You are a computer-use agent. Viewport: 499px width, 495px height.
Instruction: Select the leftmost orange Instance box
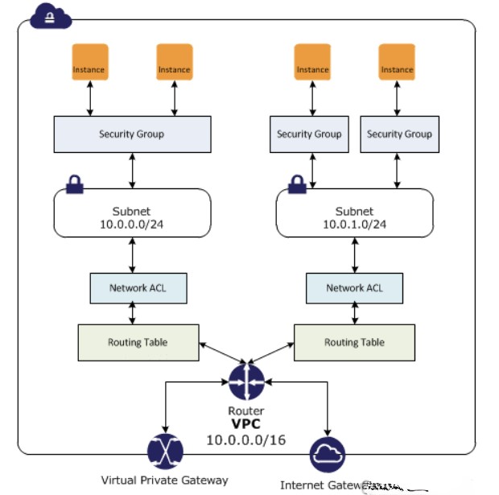click(89, 63)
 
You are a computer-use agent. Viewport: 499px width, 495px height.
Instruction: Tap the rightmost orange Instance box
click(397, 63)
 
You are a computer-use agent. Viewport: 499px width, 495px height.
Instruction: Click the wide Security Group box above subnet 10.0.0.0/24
click(132, 134)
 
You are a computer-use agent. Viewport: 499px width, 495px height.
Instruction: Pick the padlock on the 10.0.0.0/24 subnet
click(75, 184)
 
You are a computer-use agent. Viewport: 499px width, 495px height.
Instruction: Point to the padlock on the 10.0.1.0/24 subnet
click(295, 184)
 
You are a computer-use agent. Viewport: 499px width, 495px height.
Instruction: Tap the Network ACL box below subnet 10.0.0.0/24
click(138, 287)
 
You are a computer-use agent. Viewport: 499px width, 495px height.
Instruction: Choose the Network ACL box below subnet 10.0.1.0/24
click(354, 287)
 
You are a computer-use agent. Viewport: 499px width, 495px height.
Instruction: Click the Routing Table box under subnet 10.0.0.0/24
click(138, 342)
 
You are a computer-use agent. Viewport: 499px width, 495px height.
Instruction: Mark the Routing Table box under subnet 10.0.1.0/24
click(354, 342)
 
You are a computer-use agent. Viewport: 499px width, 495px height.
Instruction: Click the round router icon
click(246, 382)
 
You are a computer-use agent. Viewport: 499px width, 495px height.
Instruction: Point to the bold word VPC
click(246, 424)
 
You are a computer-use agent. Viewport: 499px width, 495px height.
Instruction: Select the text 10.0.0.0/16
click(246, 440)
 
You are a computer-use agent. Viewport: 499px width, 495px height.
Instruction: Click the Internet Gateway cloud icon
click(328, 455)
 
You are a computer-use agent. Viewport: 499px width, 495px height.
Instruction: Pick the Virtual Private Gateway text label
click(164, 481)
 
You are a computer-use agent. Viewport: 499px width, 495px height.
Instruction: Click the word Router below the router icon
click(246, 410)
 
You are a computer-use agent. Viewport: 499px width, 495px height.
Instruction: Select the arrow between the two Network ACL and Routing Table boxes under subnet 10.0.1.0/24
click(354, 314)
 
